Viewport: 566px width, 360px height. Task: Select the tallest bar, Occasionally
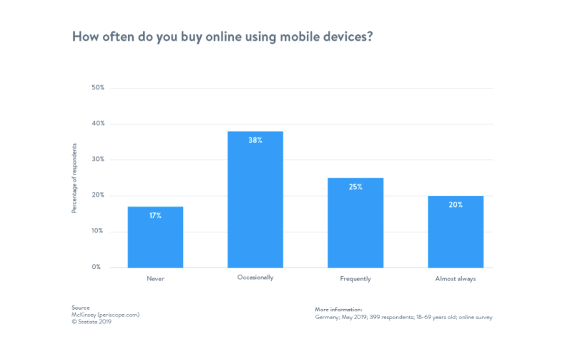click(x=255, y=199)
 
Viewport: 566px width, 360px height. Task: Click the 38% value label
click(x=255, y=140)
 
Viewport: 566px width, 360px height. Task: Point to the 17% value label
click(x=155, y=216)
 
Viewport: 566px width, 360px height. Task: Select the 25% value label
click(x=355, y=187)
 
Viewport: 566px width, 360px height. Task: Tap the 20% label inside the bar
click(x=455, y=205)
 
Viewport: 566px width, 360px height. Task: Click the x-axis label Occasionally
click(x=255, y=278)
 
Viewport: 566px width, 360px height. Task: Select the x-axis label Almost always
click(x=455, y=279)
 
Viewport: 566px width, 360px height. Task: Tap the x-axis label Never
click(x=155, y=279)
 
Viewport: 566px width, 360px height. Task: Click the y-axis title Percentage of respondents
click(x=74, y=178)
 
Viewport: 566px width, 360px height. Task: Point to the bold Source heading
click(x=80, y=307)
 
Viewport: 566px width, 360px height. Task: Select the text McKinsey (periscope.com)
click(x=106, y=315)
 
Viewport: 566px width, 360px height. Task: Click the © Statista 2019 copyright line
click(x=92, y=322)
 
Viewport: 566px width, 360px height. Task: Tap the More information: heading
click(x=338, y=310)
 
